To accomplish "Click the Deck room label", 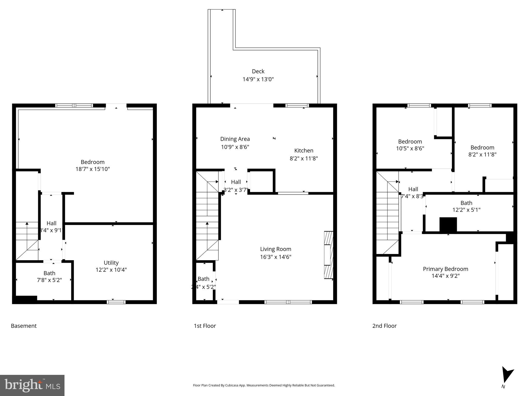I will [x=258, y=71].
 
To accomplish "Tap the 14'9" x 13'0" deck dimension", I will [x=258, y=79].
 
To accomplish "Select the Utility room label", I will [x=111, y=262].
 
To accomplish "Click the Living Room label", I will [x=275, y=249].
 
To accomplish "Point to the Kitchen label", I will [x=304, y=150].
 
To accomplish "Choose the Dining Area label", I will [x=235, y=139].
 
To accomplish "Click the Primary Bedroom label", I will [x=445, y=269].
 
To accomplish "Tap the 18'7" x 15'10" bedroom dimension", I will [x=93, y=169].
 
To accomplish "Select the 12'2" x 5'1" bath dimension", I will [x=466, y=210].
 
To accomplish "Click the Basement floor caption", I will [x=24, y=326].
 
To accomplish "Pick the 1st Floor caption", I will [x=205, y=326].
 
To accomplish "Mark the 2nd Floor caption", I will [x=384, y=326].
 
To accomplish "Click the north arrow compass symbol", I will [x=507, y=375].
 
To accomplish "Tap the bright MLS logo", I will [x=32, y=385].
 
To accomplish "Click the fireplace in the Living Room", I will [x=328, y=255].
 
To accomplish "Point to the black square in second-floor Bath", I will [x=448, y=225].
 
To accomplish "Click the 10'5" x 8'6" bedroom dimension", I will [x=410, y=148].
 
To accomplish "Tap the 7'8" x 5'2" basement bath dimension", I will [x=49, y=280].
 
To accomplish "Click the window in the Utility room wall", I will [x=116, y=302].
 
